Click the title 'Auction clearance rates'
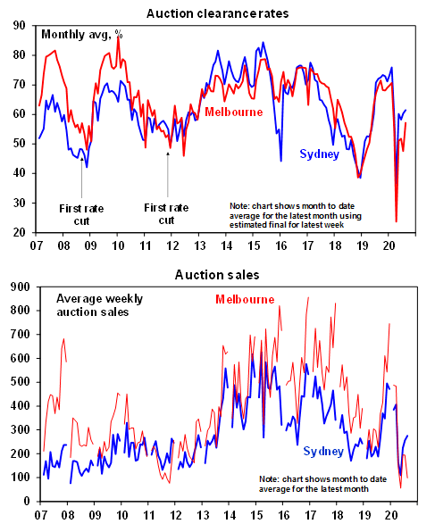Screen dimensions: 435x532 coord(217,13)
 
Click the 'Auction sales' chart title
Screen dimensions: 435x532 coord(217,275)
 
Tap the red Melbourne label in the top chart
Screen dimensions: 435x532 coord(234,112)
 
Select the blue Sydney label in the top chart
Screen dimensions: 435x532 coord(319,154)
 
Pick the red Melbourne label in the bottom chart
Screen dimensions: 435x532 coord(245,299)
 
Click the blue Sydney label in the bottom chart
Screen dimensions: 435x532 coord(323,452)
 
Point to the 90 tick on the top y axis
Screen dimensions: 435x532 coord(20,26)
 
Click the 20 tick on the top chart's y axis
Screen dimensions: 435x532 coord(20,233)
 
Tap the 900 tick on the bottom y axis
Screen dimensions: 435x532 coord(20,287)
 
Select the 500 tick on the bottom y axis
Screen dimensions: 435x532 coord(20,382)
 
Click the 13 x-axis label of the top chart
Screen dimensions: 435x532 coord(200,245)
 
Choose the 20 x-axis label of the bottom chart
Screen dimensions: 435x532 coord(390,515)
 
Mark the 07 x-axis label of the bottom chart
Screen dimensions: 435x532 coord(40,515)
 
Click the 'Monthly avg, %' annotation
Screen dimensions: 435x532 coord(82,35)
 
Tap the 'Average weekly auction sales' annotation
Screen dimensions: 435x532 coord(99,305)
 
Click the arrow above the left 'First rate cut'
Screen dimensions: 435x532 coord(81,177)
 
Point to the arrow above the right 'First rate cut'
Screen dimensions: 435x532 coord(167,174)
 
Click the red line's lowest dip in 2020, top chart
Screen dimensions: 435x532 coord(397,221)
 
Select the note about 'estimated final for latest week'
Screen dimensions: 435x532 coord(296,215)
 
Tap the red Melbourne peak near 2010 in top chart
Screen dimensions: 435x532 coord(118,37)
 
